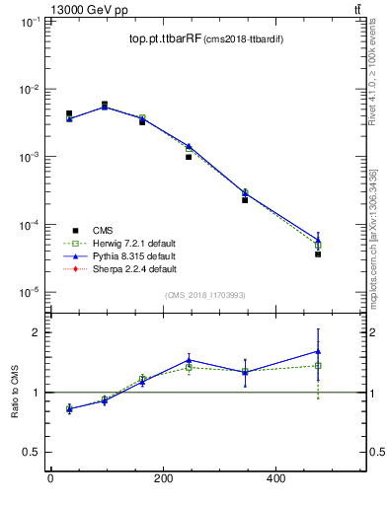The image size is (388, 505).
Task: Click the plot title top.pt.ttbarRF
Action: (165, 39)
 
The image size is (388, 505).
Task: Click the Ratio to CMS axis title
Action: (17, 392)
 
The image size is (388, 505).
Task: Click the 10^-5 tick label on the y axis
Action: (28, 293)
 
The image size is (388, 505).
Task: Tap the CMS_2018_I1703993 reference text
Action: (204, 294)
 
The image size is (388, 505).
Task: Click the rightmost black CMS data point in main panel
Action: (318, 254)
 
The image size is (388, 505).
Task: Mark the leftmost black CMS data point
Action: (69, 114)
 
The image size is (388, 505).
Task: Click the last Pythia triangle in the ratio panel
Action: (318, 351)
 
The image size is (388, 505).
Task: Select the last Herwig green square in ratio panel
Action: (318, 366)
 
